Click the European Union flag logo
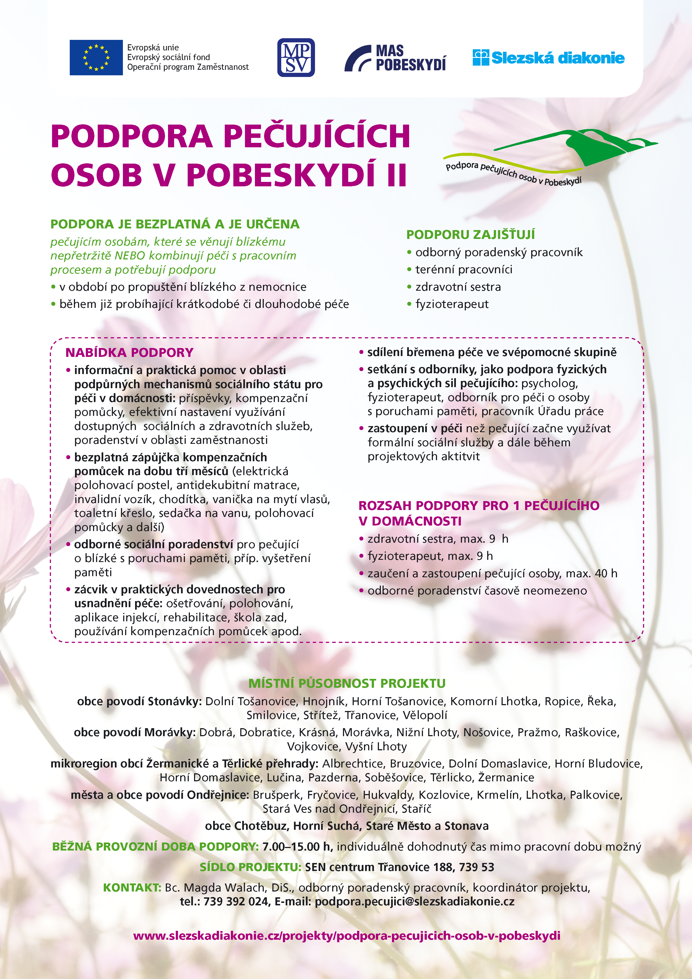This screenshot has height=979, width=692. point(96,58)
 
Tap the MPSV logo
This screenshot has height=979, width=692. point(296,58)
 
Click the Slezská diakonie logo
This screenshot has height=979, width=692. point(548,58)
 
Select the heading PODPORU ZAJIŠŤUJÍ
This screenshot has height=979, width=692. point(470,235)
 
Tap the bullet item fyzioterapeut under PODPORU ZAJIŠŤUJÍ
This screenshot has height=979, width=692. point(452,304)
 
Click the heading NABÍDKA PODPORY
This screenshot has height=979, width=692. point(129,353)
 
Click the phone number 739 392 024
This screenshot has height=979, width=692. point(236,901)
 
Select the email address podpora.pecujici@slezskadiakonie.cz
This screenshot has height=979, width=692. point(414,901)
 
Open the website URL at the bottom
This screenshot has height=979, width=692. point(347,936)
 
